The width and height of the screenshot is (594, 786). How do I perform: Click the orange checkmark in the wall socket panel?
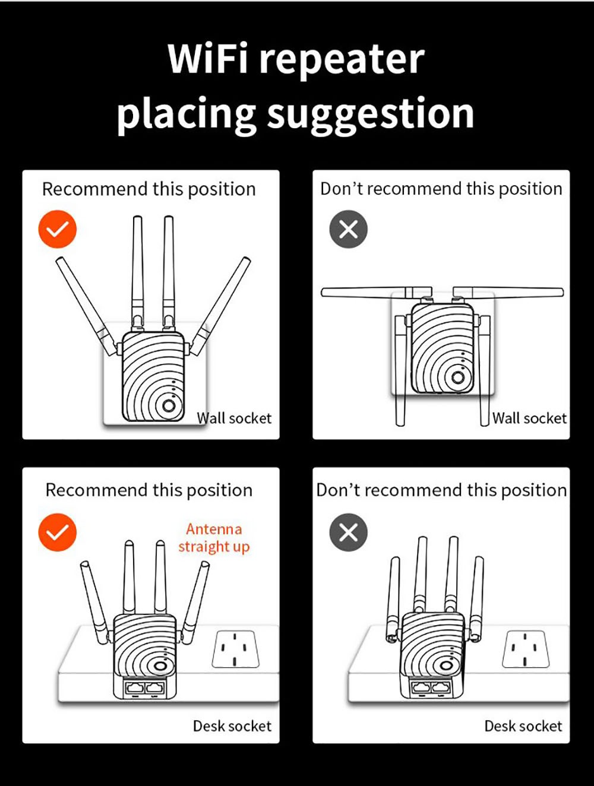click(58, 229)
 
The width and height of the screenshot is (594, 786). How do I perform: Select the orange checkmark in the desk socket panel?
click(58, 532)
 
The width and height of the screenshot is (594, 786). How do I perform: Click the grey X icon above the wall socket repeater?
click(349, 229)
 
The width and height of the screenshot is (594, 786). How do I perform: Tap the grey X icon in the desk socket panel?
click(349, 532)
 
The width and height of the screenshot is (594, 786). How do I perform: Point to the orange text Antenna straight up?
click(214, 537)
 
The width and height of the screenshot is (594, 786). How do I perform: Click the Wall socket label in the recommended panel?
click(234, 418)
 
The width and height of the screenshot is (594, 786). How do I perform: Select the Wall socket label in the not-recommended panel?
click(529, 418)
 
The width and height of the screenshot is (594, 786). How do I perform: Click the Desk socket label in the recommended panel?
click(232, 725)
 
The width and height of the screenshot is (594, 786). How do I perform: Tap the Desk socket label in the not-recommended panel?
click(523, 725)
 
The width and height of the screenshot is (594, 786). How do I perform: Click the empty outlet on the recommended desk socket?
click(235, 649)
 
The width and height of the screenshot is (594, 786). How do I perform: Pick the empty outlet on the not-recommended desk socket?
click(526, 648)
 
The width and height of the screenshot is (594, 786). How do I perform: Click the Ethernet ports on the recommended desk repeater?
click(146, 689)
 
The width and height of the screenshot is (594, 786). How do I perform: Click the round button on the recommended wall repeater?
click(169, 405)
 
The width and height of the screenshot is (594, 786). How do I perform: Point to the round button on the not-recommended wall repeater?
click(458, 377)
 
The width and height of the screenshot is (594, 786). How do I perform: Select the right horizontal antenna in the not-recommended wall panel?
click(508, 291)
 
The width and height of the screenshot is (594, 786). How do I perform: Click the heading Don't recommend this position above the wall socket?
click(441, 189)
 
